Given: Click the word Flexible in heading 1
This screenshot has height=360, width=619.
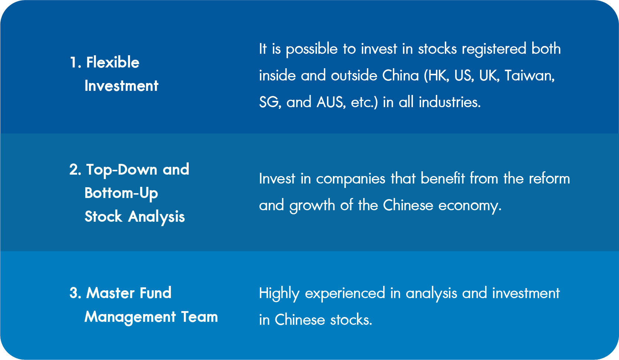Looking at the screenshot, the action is tap(113, 62).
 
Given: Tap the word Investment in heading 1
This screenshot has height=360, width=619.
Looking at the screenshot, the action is tap(121, 85).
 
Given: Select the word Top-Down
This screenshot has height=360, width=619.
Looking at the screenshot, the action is tap(122, 169).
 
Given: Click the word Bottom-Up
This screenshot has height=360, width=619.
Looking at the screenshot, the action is tap(121, 193).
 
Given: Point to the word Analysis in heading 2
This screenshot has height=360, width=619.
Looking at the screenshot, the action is tap(156, 217).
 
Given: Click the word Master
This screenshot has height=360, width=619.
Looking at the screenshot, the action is tap(110, 293).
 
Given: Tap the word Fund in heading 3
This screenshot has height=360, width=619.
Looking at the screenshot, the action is tap(155, 293).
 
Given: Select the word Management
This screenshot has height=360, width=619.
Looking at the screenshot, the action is tap(130, 317).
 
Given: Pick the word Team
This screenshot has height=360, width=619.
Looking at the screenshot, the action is tap(199, 317).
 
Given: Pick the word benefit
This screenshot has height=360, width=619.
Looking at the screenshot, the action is tap(443, 178).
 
